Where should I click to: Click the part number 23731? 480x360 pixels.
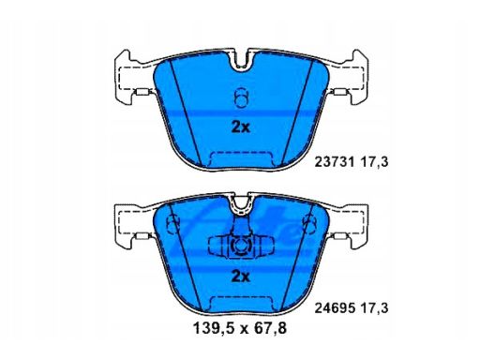pyautogui.click(x=335, y=162)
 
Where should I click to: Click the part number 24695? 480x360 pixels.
pyautogui.click(x=335, y=308)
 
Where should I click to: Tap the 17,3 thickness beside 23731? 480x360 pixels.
pyautogui.click(x=375, y=162)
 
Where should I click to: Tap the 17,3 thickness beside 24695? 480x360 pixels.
pyautogui.click(x=375, y=308)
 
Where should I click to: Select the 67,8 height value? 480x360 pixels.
pyautogui.click(x=271, y=328)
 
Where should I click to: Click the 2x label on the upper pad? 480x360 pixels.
pyautogui.click(x=240, y=127)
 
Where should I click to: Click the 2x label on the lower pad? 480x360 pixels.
pyautogui.click(x=240, y=277)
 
